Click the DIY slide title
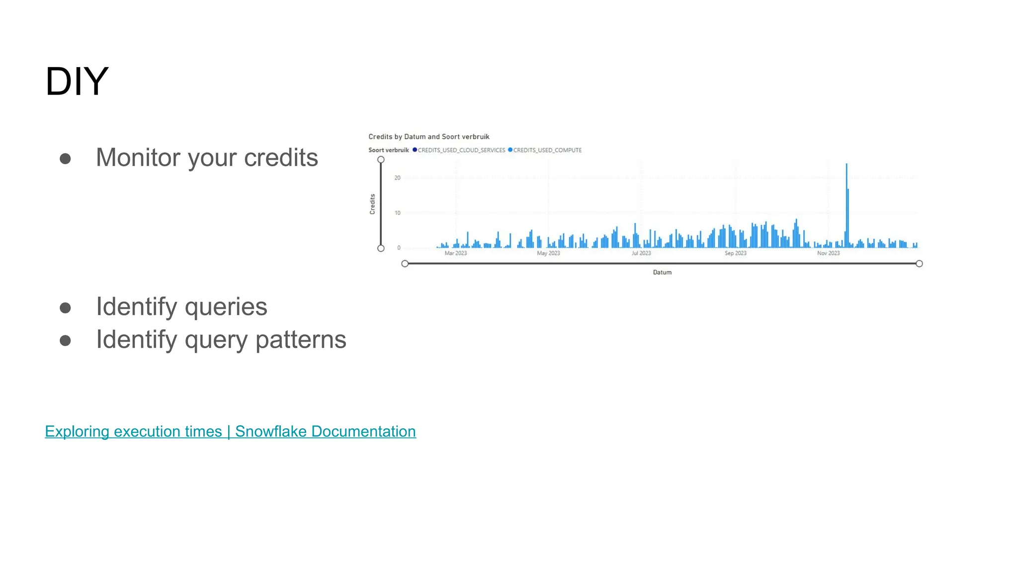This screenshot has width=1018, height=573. tap(77, 82)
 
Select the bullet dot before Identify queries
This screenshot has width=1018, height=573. tap(65, 308)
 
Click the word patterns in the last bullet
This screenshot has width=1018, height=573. tap(300, 340)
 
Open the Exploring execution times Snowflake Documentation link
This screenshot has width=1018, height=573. tap(230, 431)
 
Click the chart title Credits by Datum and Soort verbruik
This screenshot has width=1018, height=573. tap(428, 137)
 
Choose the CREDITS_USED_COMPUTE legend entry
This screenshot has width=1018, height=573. tap(547, 150)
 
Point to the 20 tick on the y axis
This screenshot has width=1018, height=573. tap(397, 178)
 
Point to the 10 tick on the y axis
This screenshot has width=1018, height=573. tap(397, 213)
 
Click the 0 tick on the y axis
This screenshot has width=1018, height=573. tap(399, 248)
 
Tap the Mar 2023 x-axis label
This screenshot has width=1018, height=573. tap(455, 253)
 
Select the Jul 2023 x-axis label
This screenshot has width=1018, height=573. tap(641, 253)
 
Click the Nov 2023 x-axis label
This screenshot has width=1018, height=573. tap(828, 253)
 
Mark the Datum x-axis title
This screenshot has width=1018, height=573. tap(662, 273)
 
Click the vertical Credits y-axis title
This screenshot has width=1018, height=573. tap(372, 204)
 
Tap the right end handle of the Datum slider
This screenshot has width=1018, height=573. tap(919, 264)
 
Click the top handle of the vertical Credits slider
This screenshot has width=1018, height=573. tap(381, 160)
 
